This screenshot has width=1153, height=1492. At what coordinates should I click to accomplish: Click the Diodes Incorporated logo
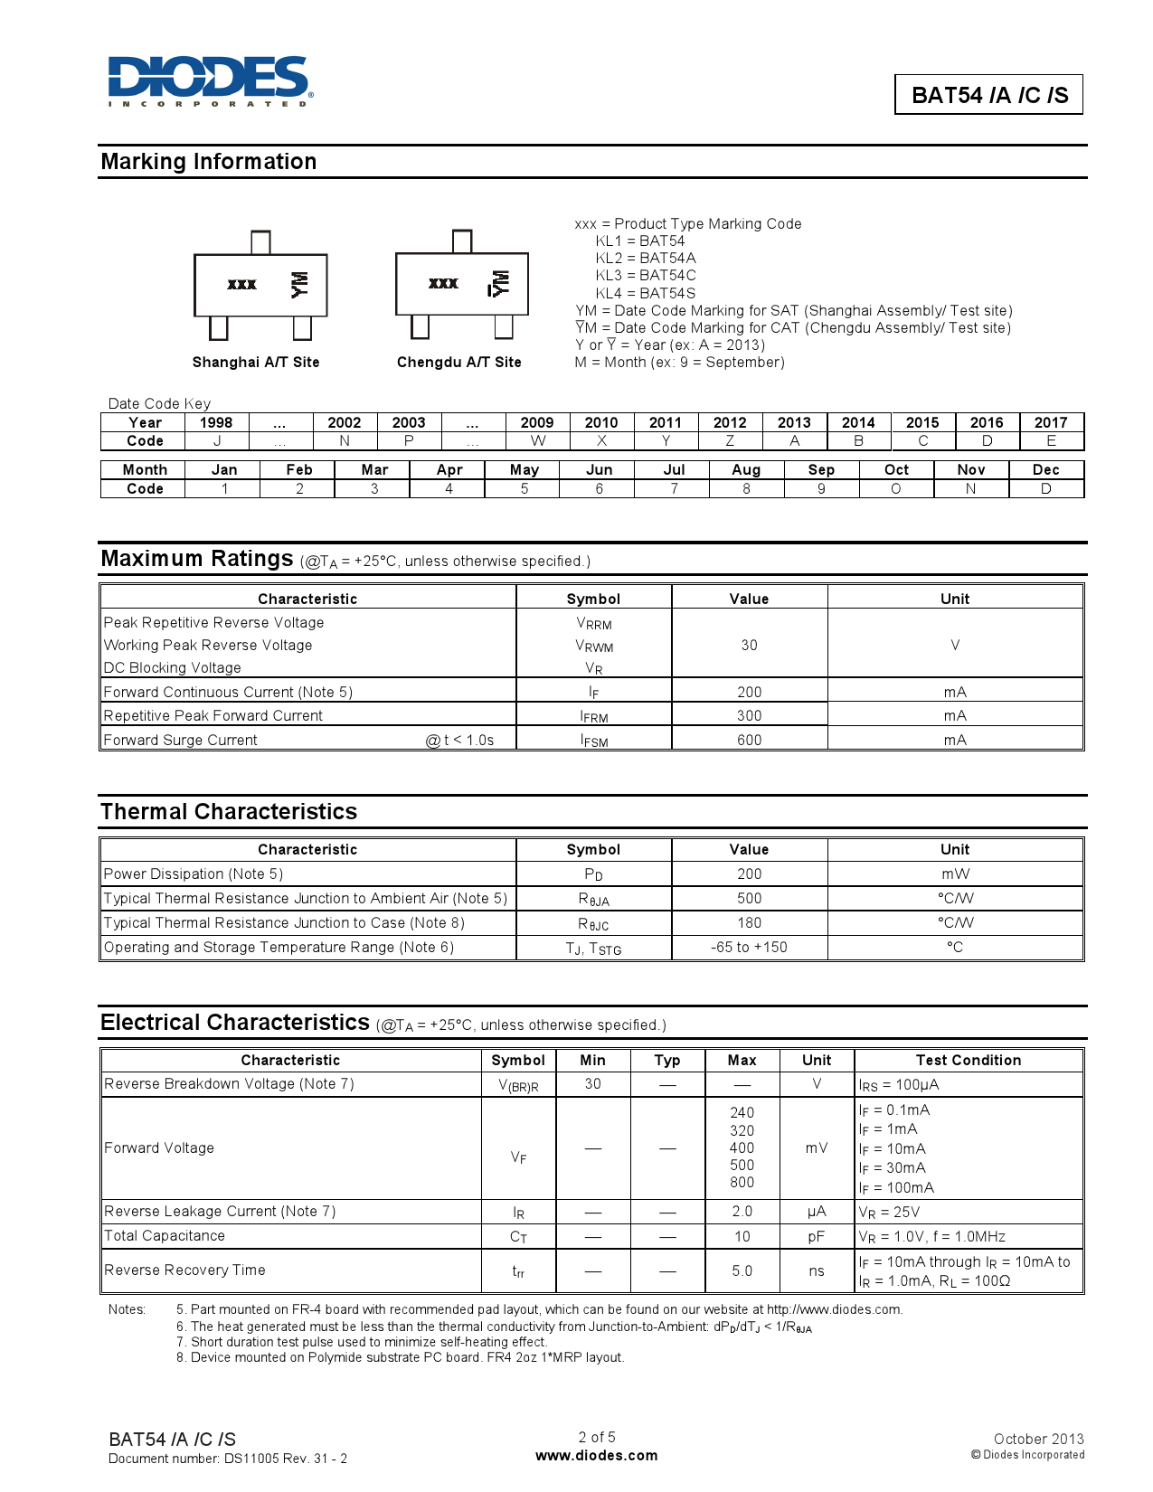tap(210, 80)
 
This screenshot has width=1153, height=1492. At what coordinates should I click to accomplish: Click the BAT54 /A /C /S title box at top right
tap(988, 95)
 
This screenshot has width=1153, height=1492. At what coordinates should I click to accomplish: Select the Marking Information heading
tap(209, 162)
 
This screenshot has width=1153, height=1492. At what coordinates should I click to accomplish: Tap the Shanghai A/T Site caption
tap(256, 363)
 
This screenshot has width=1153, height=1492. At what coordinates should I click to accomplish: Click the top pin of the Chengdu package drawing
tap(462, 241)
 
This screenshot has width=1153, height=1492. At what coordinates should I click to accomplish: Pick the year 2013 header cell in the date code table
tap(794, 422)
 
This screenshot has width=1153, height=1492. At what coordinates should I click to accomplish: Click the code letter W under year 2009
tap(537, 441)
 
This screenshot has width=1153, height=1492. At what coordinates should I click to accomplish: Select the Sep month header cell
tap(821, 470)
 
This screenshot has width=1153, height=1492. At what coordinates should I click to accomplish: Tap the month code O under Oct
tap(896, 489)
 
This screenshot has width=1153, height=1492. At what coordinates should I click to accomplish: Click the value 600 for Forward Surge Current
tap(749, 741)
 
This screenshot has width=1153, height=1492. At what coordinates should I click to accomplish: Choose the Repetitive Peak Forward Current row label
tap(213, 716)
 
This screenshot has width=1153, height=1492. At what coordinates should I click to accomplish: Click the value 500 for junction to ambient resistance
tap(749, 899)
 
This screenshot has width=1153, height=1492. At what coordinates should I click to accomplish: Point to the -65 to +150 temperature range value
tap(749, 948)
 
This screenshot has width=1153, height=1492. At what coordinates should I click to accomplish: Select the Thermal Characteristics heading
tap(229, 812)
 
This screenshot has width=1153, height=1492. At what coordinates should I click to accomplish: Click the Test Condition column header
tap(968, 1061)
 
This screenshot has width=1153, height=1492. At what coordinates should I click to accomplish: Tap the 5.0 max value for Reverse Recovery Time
tap(742, 1271)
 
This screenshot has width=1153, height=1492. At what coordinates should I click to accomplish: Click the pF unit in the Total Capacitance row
tap(816, 1237)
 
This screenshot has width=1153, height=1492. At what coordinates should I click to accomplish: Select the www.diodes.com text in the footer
tap(596, 1456)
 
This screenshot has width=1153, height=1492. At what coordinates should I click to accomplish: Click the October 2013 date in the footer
tap(1038, 1439)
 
